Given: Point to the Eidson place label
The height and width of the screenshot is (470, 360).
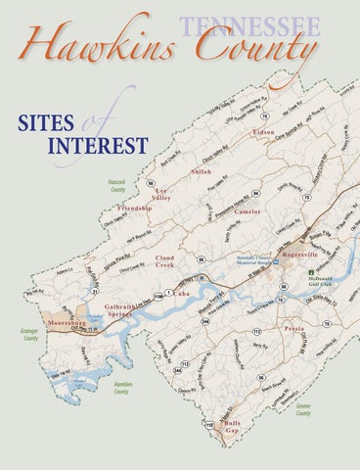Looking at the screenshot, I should [263, 131].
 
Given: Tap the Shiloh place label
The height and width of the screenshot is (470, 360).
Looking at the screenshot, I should [202, 171].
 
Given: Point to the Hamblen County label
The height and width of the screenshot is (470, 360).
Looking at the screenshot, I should [121, 389].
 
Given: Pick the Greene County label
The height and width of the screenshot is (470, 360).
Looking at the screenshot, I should [305, 405].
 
